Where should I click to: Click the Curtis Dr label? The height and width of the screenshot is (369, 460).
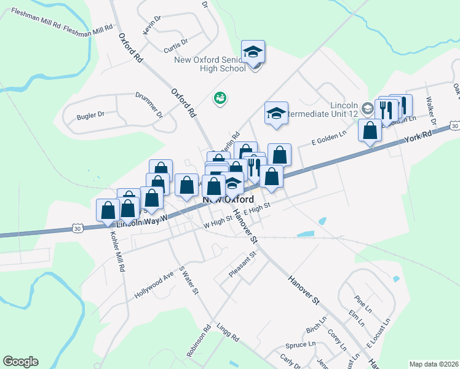[176, 45]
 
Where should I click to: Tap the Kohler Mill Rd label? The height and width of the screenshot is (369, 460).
[117, 252]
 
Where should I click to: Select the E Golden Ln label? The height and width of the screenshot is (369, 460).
[329, 143]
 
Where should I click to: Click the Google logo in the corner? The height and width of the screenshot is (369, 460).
[20, 362]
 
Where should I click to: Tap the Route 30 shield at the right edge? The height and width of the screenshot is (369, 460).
[454, 126]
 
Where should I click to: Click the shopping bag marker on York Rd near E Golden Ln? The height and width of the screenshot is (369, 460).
[370, 131]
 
